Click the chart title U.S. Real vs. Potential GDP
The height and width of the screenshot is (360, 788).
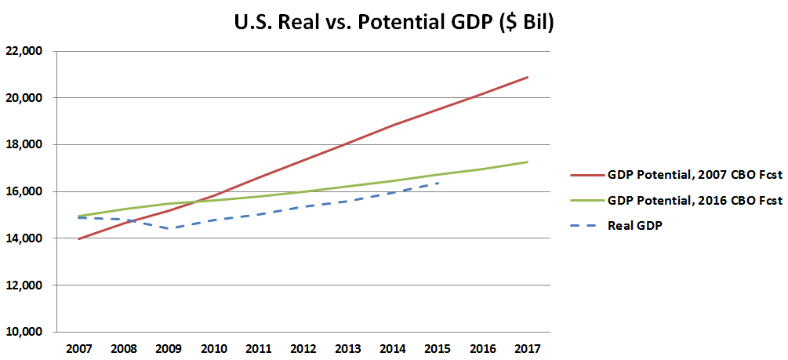(394, 23)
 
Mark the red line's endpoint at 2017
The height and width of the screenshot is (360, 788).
(528, 77)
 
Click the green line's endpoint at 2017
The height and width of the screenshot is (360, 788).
(528, 162)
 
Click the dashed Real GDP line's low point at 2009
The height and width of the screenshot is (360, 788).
(169, 228)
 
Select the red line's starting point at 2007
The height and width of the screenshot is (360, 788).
(80, 238)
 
